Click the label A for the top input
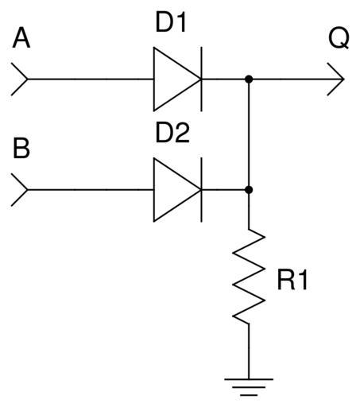[x=21, y=39]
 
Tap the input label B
[x=21, y=149]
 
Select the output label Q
[x=339, y=38]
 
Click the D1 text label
[x=171, y=23]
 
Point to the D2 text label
[x=172, y=133]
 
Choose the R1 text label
[x=292, y=280]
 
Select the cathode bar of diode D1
[x=201, y=79]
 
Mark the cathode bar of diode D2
[x=201, y=190]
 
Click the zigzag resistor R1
[x=249, y=276]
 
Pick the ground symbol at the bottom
[x=249, y=387]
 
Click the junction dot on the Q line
[x=249, y=79]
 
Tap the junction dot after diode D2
[x=249, y=190]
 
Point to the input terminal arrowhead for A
[x=19, y=79]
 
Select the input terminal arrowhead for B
[x=19, y=190]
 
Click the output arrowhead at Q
[x=335, y=79]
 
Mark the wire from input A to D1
[x=91, y=79]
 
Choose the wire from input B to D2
[x=91, y=190]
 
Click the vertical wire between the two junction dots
[x=249, y=134]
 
